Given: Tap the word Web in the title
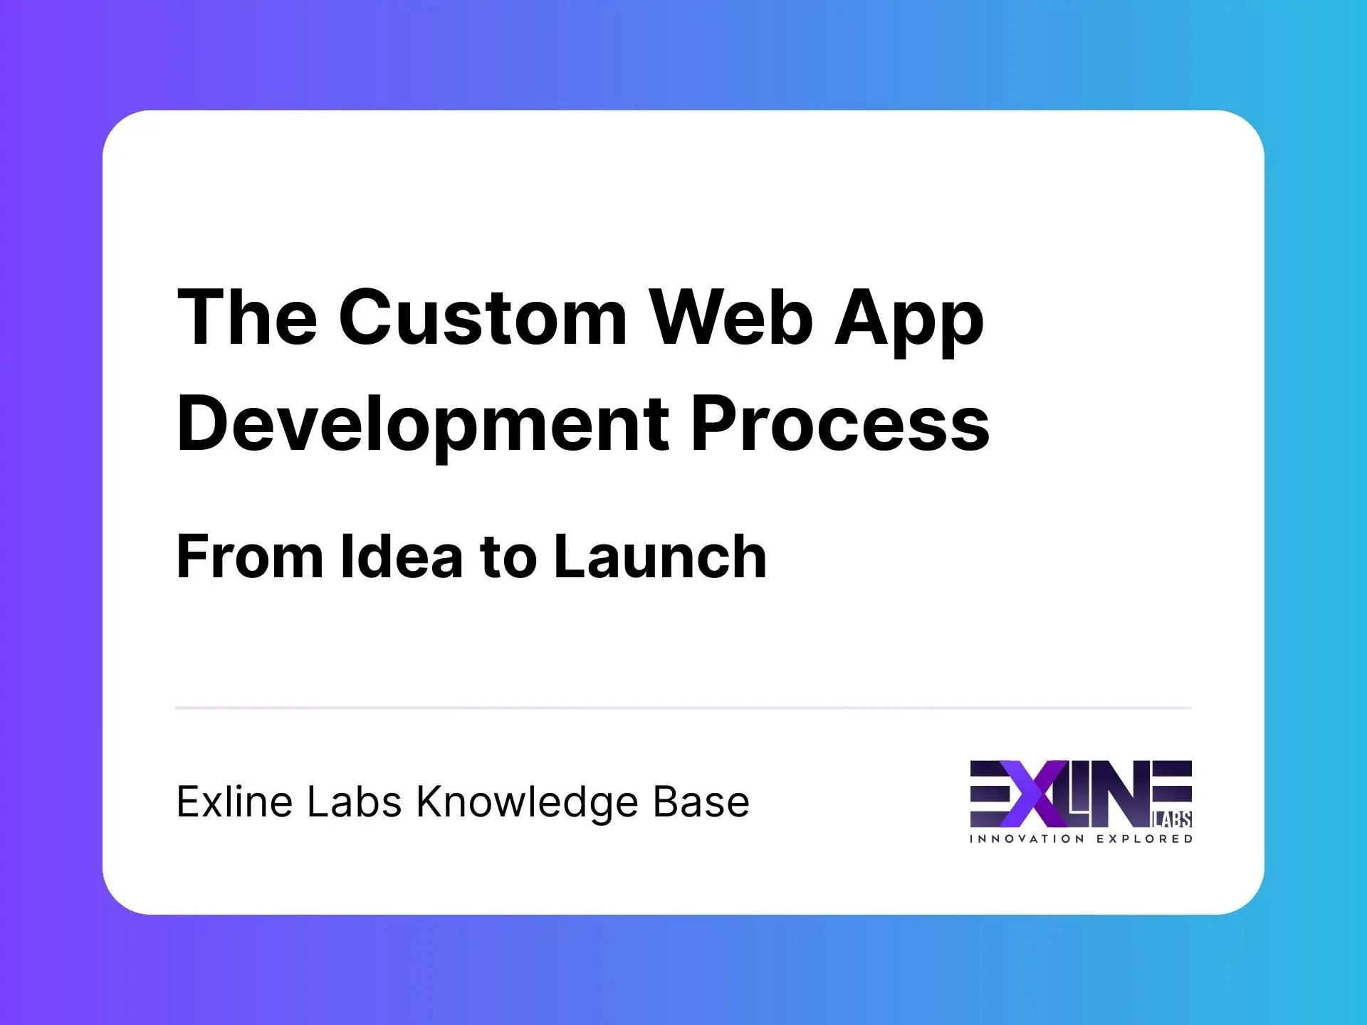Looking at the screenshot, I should [x=732, y=317].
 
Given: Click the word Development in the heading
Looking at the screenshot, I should [x=424, y=425].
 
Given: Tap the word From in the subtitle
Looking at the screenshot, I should [x=250, y=557].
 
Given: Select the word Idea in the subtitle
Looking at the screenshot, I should [x=402, y=557].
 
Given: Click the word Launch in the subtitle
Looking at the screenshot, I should [x=660, y=557].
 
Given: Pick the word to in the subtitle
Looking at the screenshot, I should [x=508, y=558].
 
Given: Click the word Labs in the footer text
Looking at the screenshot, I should [x=354, y=802].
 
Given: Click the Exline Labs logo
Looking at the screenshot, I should [x=1081, y=801].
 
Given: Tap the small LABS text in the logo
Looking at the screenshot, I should [x=1172, y=820].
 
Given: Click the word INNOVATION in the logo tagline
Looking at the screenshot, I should [x=1027, y=839].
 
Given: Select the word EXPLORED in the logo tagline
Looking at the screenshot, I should [x=1144, y=839].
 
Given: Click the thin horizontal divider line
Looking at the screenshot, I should [x=683, y=708].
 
